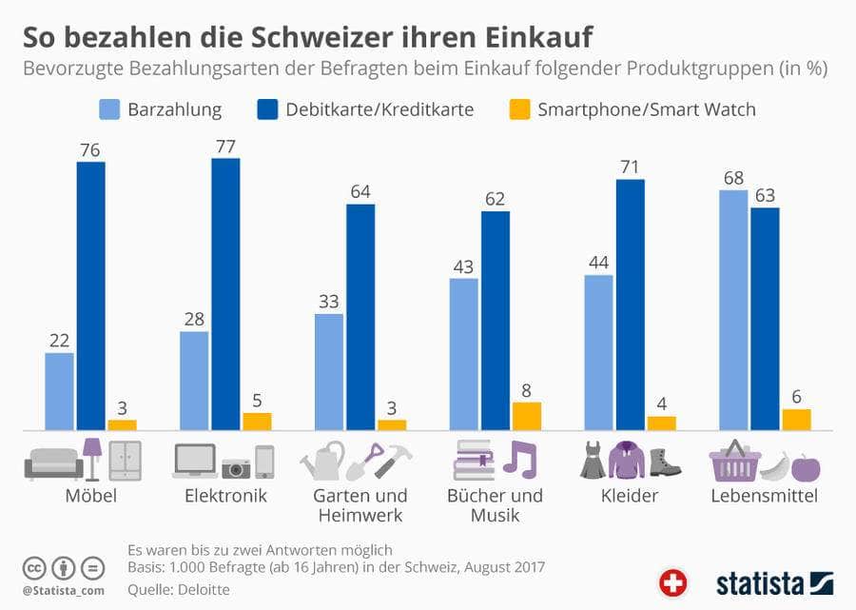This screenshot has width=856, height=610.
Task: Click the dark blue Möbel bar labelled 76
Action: (91, 295)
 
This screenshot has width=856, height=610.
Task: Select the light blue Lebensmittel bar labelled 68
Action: (732, 309)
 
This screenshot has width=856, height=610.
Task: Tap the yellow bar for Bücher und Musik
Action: (526, 415)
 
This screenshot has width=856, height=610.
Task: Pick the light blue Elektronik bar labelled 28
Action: (194, 380)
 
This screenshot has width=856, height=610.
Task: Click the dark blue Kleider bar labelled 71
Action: (630, 304)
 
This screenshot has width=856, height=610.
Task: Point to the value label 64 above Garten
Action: (360, 191)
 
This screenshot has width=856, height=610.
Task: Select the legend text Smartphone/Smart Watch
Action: (646, 109)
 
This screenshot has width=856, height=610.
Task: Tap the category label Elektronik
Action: (225, 496)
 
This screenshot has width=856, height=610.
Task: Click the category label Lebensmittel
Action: (764, 496)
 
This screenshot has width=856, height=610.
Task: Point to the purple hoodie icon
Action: (628, 460)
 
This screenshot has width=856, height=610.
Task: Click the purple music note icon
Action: (519, 459)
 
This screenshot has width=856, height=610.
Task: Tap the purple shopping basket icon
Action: (734, 461)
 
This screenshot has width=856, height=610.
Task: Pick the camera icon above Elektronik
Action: (236, 467)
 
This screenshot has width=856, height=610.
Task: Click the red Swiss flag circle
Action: (672, 581)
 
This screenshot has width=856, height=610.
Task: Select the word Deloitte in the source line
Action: (198, 589)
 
